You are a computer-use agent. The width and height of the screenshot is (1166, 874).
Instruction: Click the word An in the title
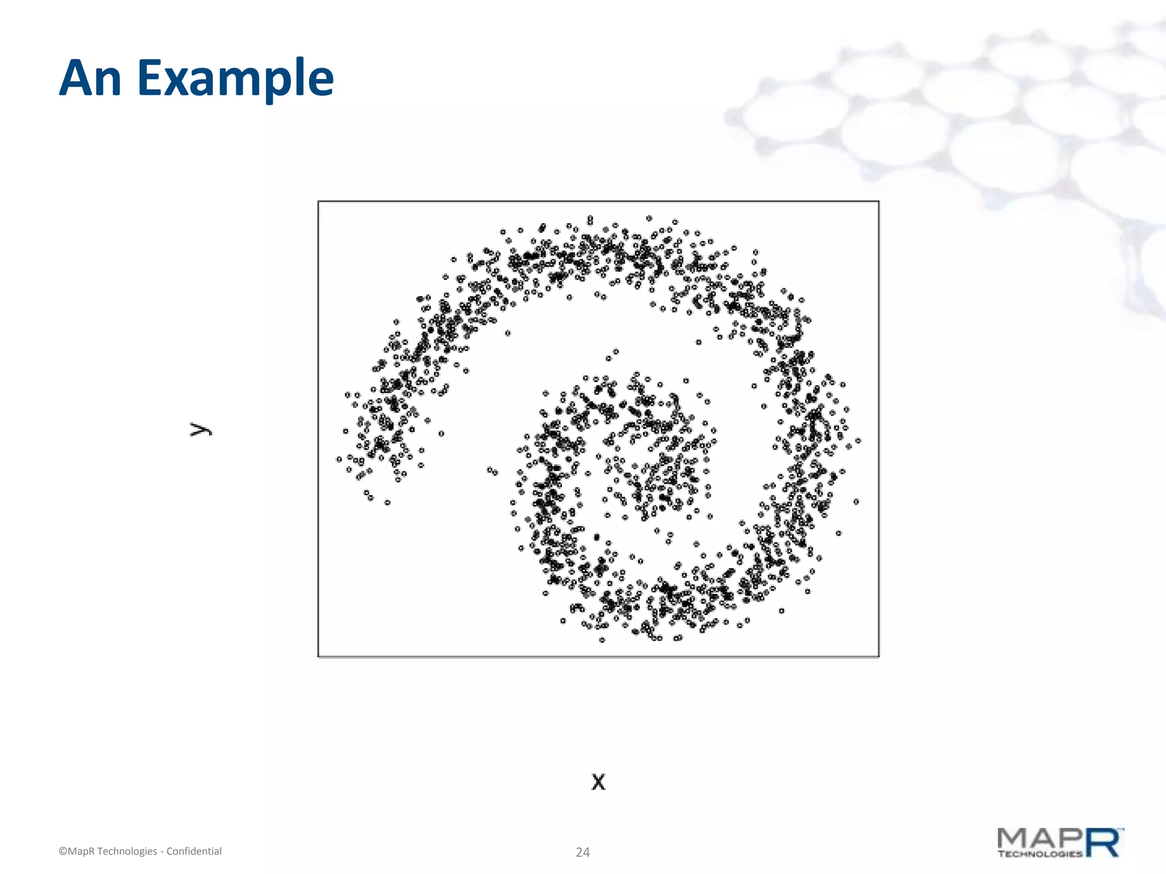(90, 78)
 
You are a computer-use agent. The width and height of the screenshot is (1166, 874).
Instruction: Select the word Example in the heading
(235, 79)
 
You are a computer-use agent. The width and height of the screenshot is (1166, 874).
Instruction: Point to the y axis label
(200, 430)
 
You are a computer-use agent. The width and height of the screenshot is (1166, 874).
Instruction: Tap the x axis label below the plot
(598, 782)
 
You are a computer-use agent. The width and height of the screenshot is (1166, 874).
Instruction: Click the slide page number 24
(582, 852)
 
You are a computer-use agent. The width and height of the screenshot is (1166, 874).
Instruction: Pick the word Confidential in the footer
(194, 851)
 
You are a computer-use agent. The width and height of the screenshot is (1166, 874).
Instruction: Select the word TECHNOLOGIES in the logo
(1040, 854)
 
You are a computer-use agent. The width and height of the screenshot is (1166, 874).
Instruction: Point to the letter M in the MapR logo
(1014, 839)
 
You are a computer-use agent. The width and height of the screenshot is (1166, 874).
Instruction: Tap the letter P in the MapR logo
(1070, 839)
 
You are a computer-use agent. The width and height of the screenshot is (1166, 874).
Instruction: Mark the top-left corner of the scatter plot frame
(318, 201)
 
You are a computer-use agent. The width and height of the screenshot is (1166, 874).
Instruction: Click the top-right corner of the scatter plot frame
(878, 201)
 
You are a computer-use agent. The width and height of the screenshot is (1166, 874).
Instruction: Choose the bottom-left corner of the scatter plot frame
(318, 657)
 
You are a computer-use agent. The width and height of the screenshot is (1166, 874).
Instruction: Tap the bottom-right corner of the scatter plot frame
(878, 657)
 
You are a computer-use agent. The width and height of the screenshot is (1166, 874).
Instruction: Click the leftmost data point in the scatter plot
(339, 459)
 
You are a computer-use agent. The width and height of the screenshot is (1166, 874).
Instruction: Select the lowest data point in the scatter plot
(602, 640)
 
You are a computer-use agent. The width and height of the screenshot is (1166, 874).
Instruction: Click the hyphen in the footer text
(162, 852)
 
